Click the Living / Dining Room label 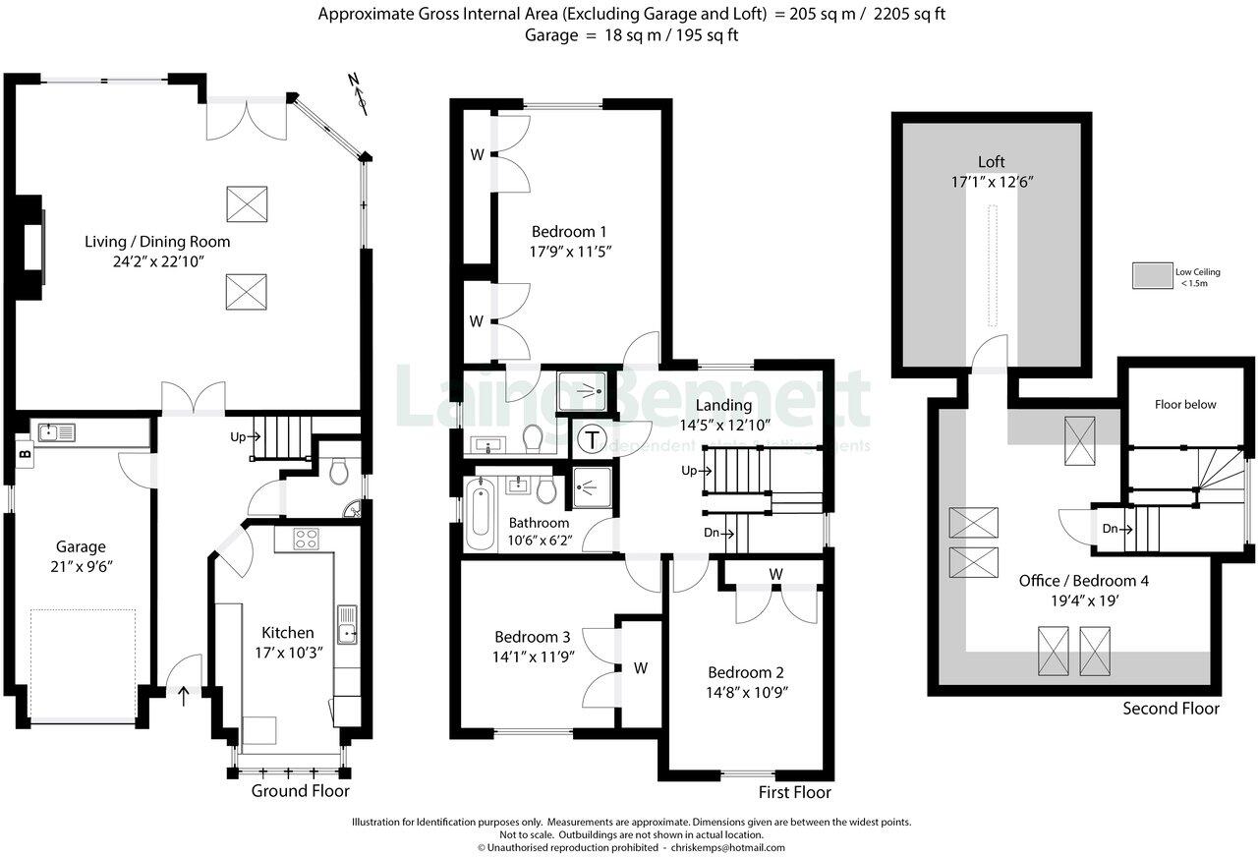pos(156,242)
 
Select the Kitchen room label pos(287,632)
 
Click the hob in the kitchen pos(306,539)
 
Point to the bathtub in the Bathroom pos(481,515)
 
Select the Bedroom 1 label pos(568,232)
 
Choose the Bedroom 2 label pos(746,673)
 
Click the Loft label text pos(991,162)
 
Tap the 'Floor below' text pos(1184,404)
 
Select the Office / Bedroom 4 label pos(1083,581)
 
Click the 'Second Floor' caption pos(1171,709)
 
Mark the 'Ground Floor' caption pos(300,791)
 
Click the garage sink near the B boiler pos(50,430)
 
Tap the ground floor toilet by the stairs pos(338,472)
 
